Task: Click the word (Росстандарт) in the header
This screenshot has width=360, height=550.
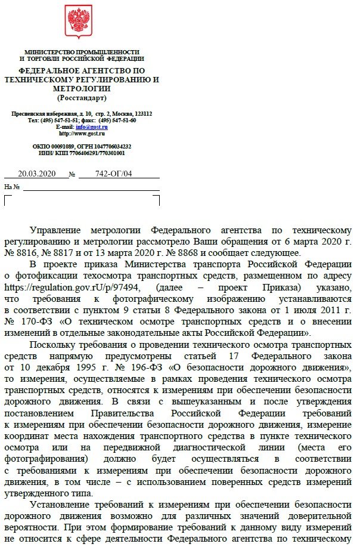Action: pyautogui.click(x=82, y=97)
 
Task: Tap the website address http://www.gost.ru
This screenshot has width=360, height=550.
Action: pyautogui.click(x=82, y=134)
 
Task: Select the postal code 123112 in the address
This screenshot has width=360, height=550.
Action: pyautogui.click(x=143, y=113)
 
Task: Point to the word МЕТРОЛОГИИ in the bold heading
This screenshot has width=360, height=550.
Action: pyautogui.click(x=82, y=88)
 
